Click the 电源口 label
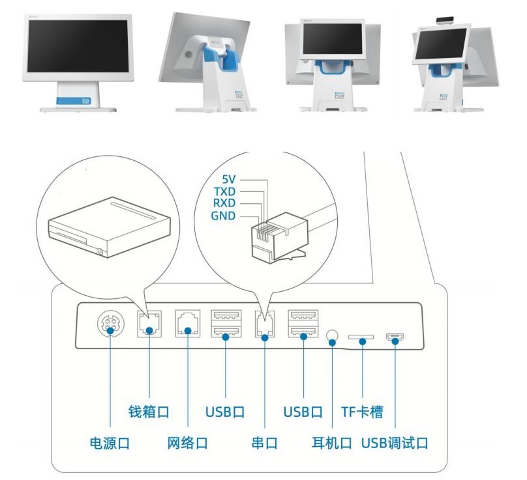point(109,444)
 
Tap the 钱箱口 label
point(149,412)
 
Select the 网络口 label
point(187,444)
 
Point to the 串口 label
point(264,444)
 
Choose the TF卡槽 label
point(362,412)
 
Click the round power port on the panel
point(109,325)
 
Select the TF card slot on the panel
point(361,338)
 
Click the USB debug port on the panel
point(395,337)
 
